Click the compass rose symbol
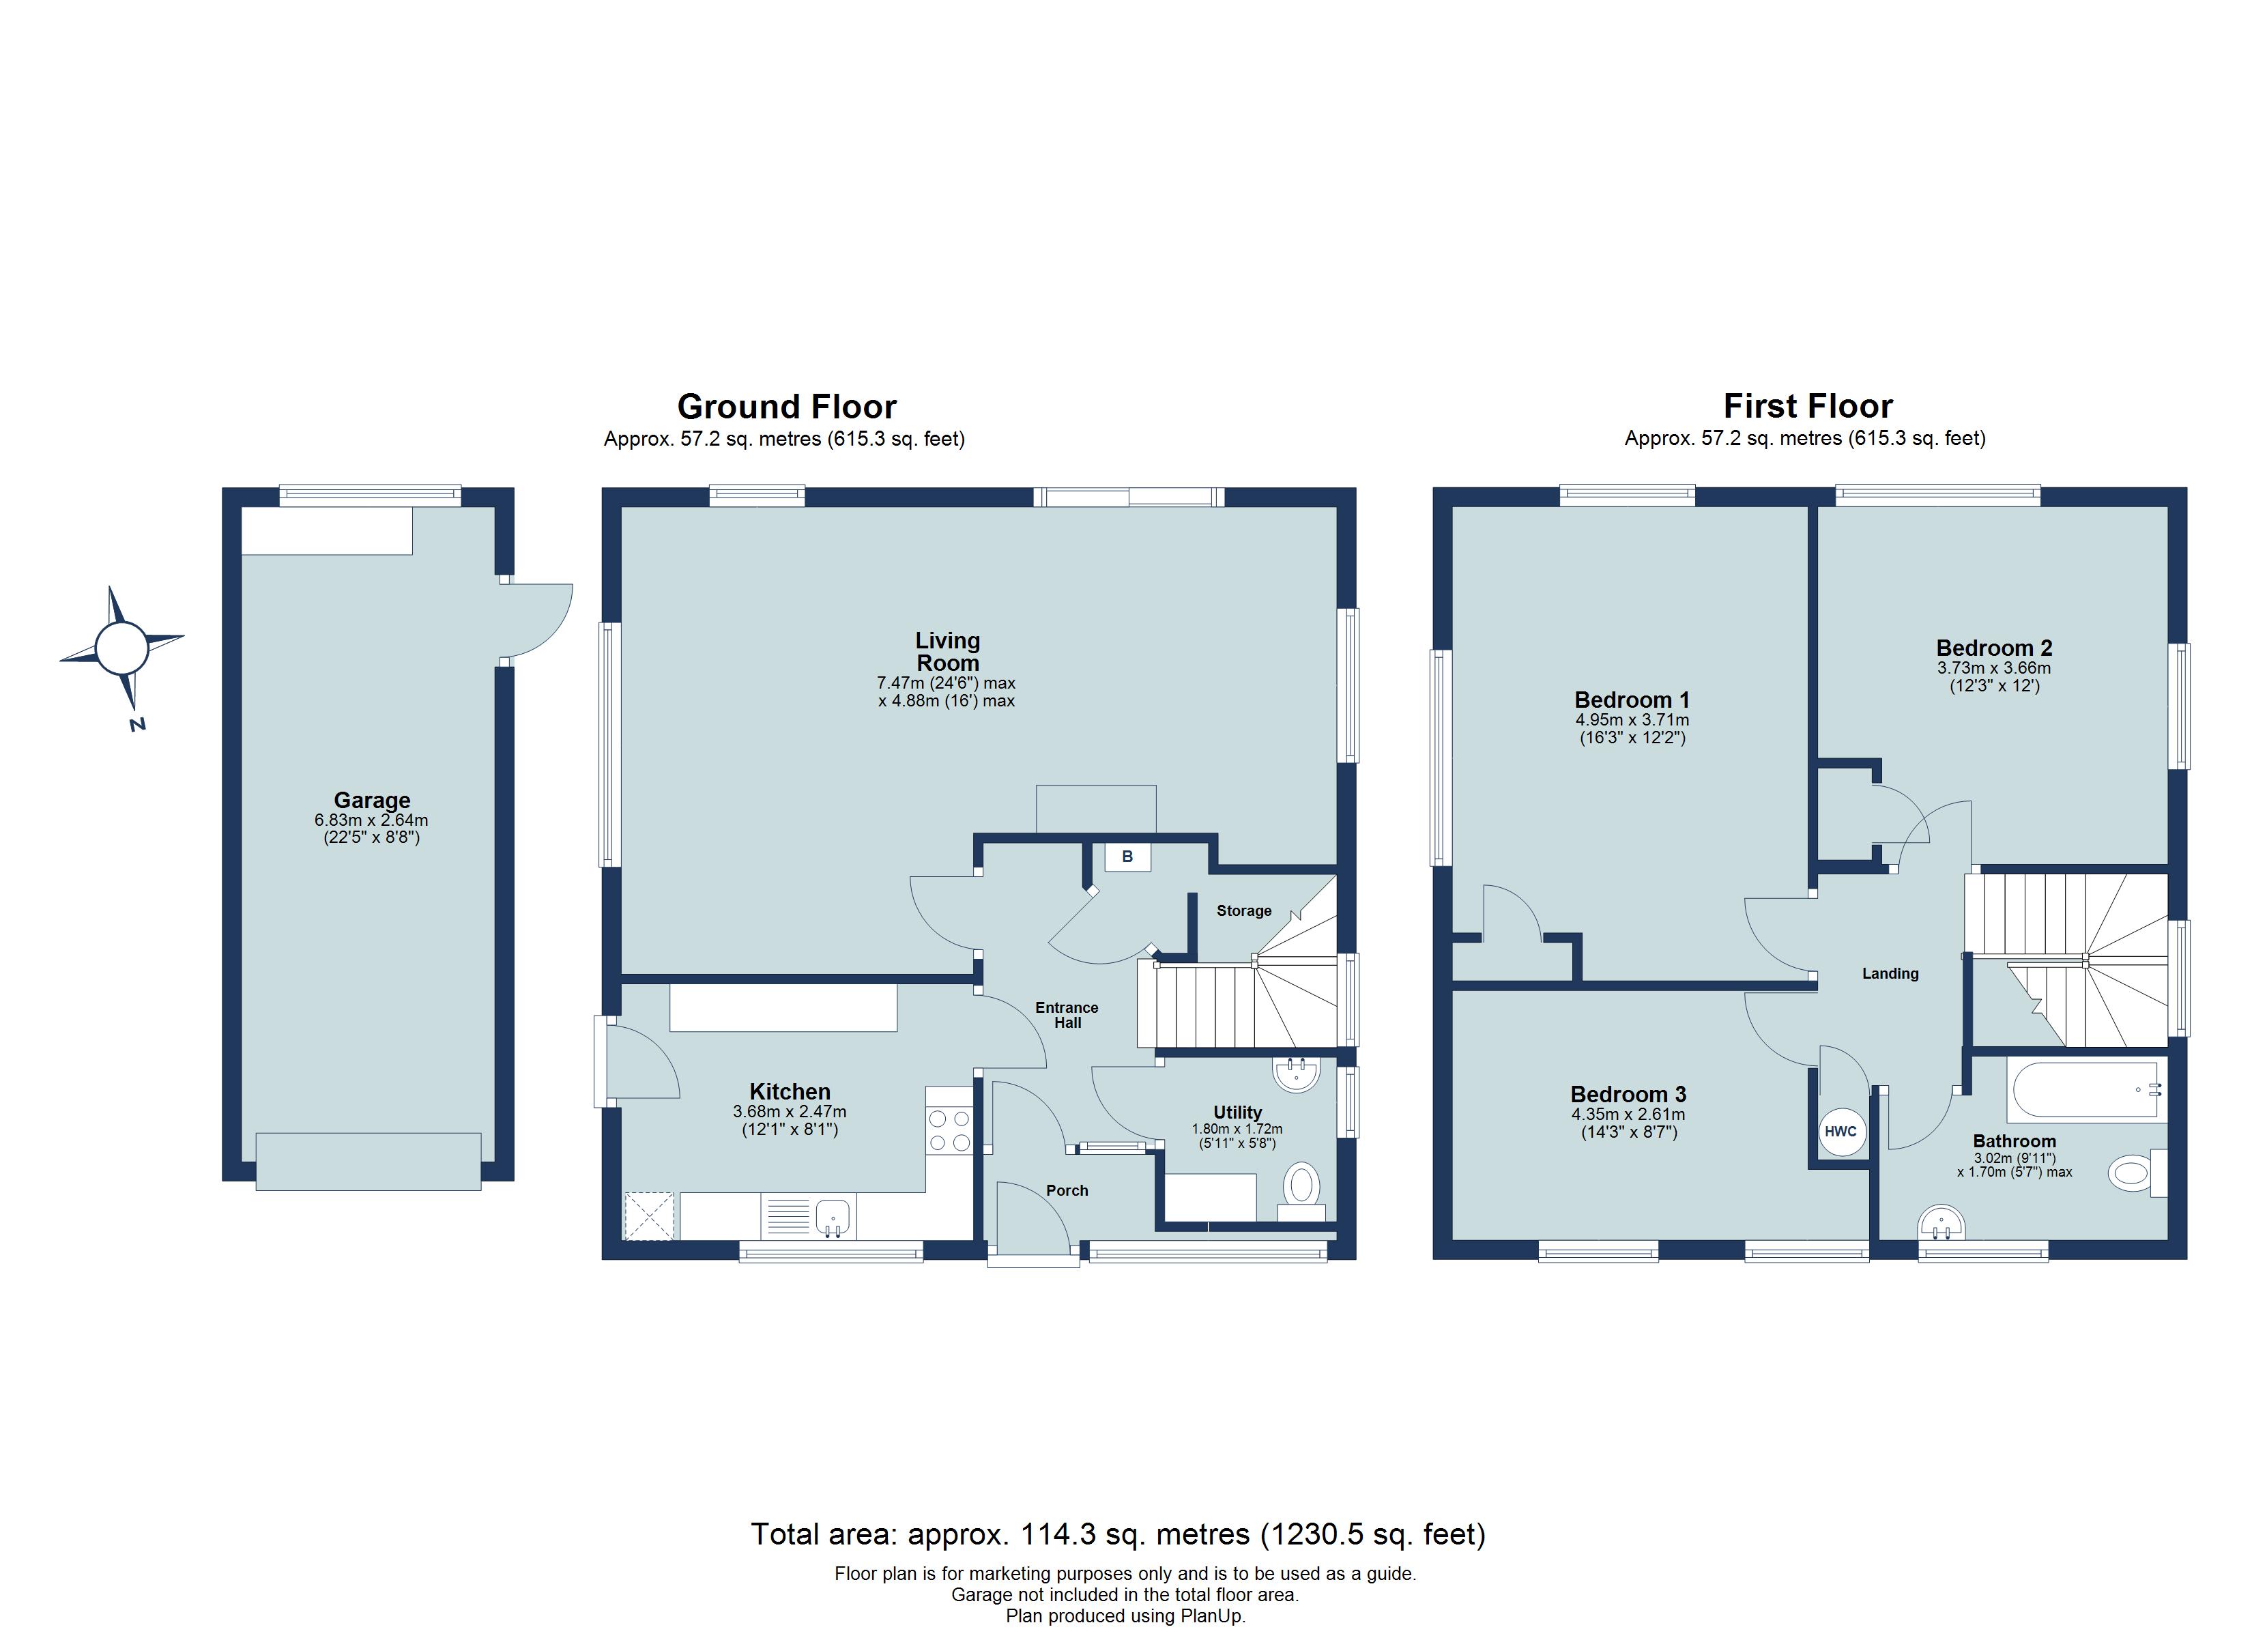(121, 648)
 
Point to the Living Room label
(947, 652)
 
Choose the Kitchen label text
(790, 1092)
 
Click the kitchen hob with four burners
(949, 1130)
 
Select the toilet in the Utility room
(1301, 1190)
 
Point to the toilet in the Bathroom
(2136, 1173)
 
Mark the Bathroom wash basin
(1942, 1223)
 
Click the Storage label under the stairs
(1243, 911)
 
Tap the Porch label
(1067, 1190)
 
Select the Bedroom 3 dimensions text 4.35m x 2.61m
(1628, 1115)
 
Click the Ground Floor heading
(786, 406)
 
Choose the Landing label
(1890, 973)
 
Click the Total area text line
(1118, 1535)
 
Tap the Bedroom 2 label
(1994, 648)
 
